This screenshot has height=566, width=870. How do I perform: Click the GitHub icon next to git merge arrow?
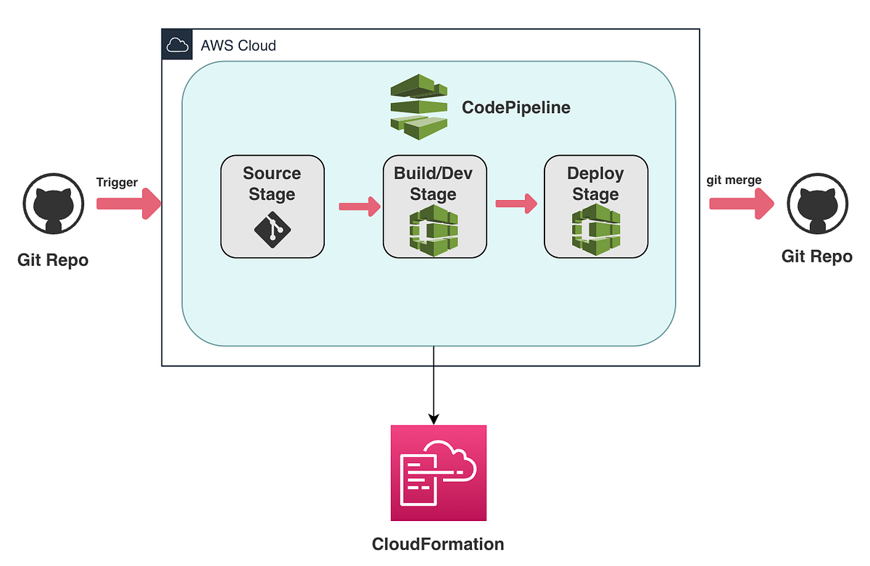click(817, 204)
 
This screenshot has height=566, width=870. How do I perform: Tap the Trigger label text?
click(117, 183)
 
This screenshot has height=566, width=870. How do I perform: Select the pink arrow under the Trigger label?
click(128, 204)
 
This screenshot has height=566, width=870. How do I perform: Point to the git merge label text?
click(734, 180)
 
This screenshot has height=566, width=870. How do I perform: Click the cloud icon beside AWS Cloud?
click(175, 46)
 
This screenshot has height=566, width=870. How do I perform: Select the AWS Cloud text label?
click(238, 46)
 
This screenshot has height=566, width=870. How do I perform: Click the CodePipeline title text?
click(516, 108)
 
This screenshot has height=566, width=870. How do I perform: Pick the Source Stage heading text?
click(272, 184)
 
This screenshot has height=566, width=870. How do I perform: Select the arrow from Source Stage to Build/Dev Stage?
click(360, 207)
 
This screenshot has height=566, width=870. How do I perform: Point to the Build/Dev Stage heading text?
click(434, 184)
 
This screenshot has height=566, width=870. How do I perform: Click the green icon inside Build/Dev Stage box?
click(434, 230)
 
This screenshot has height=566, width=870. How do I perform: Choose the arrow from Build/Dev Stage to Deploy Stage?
click(515, 204)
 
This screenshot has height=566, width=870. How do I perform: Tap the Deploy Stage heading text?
click(595, 184)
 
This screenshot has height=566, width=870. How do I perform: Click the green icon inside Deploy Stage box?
click(595, 230)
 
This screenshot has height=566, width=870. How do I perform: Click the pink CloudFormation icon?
click(438, 473)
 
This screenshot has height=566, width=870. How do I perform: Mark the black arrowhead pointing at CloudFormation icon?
click(434, 418)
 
